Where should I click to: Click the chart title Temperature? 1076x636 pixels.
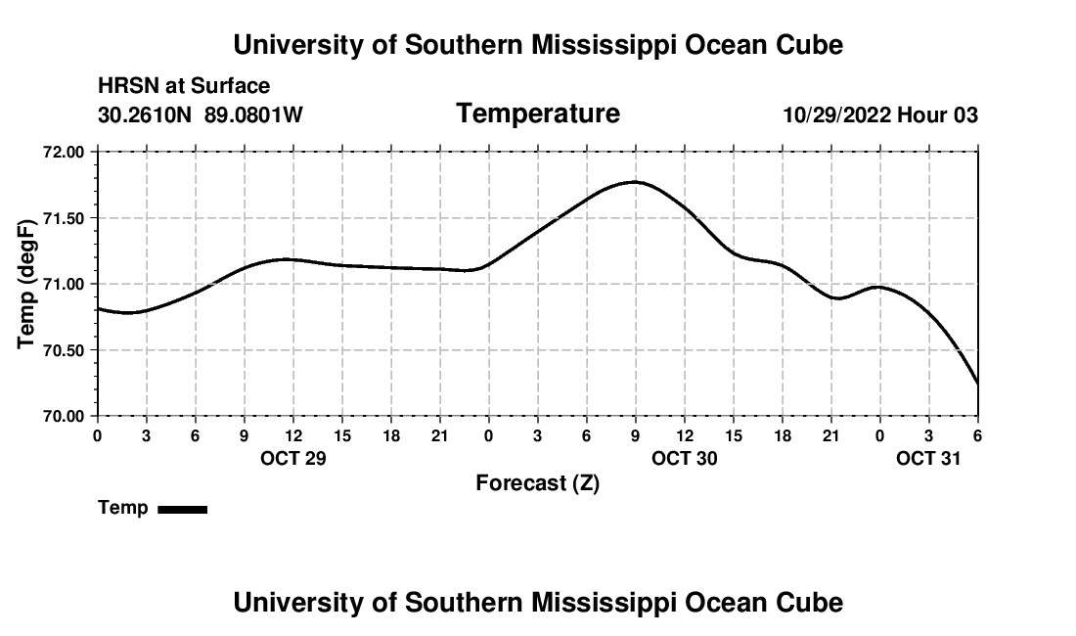538,114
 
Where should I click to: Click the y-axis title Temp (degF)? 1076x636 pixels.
28,284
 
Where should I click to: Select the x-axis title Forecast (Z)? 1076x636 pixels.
537,483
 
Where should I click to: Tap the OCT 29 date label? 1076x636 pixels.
293,458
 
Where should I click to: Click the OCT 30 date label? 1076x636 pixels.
685,458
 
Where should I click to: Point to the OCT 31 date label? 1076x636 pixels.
929,458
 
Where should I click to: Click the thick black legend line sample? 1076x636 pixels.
183,509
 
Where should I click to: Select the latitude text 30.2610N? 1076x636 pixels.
146,115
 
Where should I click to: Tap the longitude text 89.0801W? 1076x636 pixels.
253,115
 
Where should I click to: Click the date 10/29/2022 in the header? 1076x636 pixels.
836,115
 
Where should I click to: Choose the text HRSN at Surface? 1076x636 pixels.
184,87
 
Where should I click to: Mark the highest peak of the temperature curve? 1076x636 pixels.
636,182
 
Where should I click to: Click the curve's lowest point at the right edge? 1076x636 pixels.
977,384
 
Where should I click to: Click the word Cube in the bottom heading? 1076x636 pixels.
810,603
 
